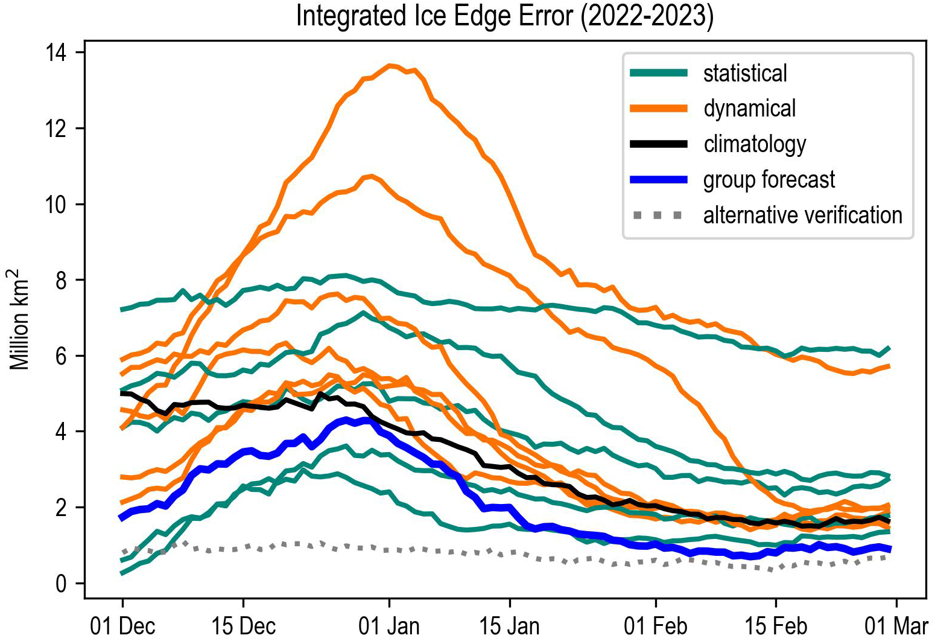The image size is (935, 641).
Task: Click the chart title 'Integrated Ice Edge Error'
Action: (504, 16)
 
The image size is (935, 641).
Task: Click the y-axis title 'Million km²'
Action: (19, 319)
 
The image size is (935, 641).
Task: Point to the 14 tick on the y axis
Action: (55, 53)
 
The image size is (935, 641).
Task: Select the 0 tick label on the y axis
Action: (61, 584)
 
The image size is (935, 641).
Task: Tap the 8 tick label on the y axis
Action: (61, 281)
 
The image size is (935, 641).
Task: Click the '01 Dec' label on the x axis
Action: (122, 626)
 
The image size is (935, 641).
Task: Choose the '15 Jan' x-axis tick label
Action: (510, 626)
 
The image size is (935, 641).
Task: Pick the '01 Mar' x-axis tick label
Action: (896, 626)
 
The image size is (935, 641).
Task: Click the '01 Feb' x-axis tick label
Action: (656, 626)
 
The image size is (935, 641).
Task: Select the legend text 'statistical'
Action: (745, 74)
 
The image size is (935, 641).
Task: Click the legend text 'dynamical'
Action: (749, 109)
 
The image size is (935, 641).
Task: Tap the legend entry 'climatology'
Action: (755, 144)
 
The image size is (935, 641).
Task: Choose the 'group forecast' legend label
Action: (769, 180)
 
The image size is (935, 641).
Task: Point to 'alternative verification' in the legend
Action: (802, 215)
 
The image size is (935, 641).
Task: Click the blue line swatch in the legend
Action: (658, 180)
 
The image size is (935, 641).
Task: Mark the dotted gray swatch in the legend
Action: (658, 215)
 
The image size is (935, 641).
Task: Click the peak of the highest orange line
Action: (390, 65)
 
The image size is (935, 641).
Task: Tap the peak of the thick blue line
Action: (365, 419)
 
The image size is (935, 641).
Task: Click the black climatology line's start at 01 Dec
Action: (123, 393)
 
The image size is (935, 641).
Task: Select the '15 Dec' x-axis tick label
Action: (243, 626)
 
